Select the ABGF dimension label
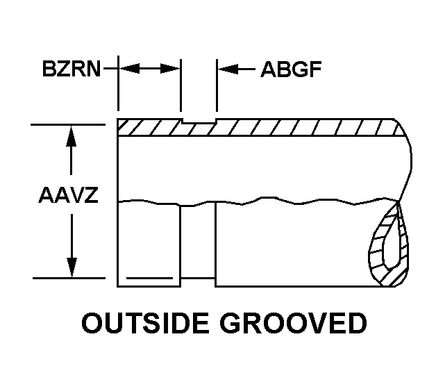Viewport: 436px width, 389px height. (291, 69)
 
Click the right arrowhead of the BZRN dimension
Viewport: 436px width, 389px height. (173, 69)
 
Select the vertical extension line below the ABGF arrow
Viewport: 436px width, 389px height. (217, 94)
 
